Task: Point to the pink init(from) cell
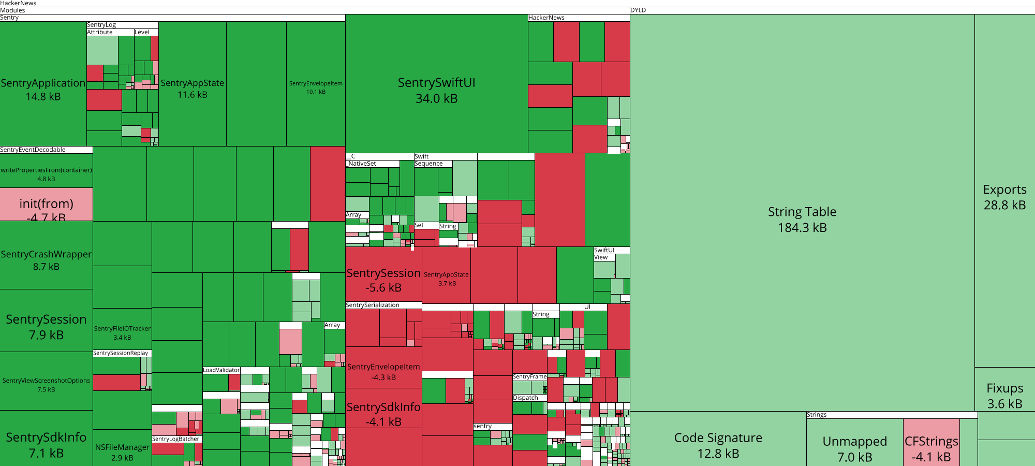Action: (46, 204)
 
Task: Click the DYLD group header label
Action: (638, 10)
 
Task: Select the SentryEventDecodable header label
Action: (33, 150)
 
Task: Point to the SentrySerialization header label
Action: (373, 305)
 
